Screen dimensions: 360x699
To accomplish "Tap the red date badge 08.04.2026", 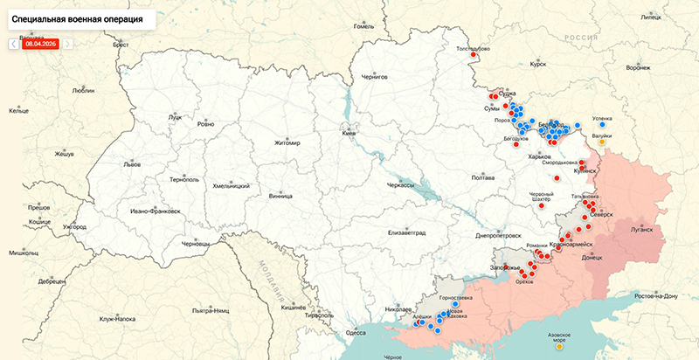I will (41, 42).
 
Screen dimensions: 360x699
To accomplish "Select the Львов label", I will (131, 163).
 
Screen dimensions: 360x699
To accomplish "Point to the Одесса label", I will (356, 333).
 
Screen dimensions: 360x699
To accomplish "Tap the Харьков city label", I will (539, 157).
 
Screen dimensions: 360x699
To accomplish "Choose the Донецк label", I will (592, 258).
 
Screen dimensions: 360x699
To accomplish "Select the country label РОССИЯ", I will (579, 38).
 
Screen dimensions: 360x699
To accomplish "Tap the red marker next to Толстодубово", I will (474, 55).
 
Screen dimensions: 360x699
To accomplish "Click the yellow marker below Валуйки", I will (602, 142).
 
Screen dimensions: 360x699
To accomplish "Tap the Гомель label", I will (363, 26).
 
